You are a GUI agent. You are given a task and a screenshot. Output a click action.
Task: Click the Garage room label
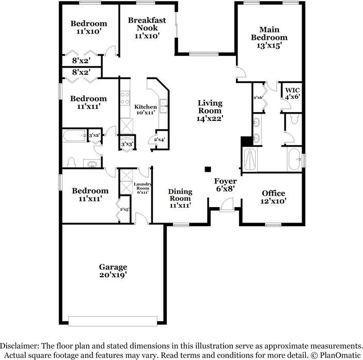click(x=113, y=271)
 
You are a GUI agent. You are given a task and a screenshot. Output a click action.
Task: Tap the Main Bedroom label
click(x=269, y=37)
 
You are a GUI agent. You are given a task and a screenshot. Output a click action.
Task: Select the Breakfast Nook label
click(x=147, y=28)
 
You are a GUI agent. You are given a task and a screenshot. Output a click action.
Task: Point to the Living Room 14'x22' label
click(x=210, y=111)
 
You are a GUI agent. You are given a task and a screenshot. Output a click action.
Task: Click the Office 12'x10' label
click(x=273, y=197)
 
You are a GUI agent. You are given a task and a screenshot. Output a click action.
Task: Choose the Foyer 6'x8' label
click(x=225, y=185)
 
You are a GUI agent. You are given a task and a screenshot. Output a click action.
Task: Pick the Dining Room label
click(x=180, y=198)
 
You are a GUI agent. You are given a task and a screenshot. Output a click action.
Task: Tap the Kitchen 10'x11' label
click(x=146, y=109)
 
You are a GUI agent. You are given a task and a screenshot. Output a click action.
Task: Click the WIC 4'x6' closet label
click(x=292, y=93)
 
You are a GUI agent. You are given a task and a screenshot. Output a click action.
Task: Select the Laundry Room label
click(x=143, y=188)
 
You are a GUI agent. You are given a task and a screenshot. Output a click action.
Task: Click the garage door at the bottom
click(x=113, y=321)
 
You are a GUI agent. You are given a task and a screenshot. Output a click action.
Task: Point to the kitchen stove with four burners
click(x=125, y=98)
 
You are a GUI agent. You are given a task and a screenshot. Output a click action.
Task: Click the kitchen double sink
click(x=164, y=106)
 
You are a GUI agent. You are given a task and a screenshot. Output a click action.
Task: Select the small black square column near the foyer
click(x=208, y=169)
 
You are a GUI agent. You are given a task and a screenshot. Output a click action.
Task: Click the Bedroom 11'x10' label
click(x=89, y=27)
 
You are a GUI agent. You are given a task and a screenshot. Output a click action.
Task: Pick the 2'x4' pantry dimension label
click(x=160, y=139)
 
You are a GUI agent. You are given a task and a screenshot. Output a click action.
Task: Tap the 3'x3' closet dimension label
click(x=127, y=144)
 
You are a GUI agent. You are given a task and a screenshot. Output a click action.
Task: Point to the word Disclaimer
click(x=20, y=346)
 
